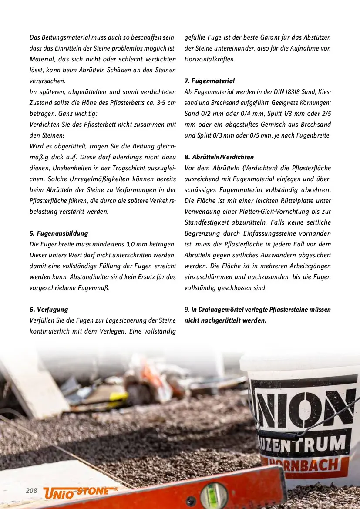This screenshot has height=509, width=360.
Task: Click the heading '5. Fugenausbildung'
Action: pos(59,233)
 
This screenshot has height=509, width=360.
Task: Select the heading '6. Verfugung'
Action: pos(49,310)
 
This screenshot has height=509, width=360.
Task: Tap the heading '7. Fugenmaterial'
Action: pos(209,81)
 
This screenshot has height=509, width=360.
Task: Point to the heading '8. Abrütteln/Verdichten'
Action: pos(219,157)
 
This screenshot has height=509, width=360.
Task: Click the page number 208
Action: pos(31,491)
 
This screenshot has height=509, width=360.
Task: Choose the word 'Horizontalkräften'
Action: pos(210,59)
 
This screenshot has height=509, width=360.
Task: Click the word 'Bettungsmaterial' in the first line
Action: pos(62,37)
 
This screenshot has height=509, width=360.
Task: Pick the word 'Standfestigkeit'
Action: pos(210,222)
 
